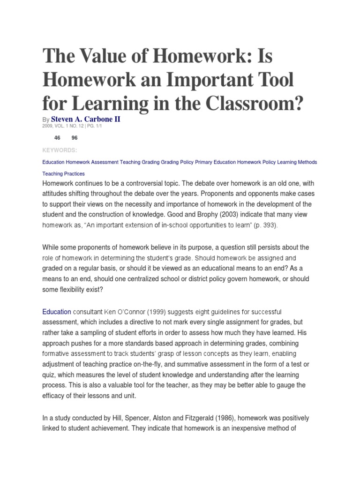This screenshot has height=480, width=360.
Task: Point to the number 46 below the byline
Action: [x=58, y=138]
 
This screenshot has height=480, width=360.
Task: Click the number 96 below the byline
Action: [x=75, y=138]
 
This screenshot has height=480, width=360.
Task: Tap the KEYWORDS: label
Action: [x=60, y=150]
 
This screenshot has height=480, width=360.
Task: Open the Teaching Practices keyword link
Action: [x=63, y=174]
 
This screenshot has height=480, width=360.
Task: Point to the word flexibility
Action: [x=78, y=290]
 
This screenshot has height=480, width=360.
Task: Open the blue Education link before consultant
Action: [x=57, y=311]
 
